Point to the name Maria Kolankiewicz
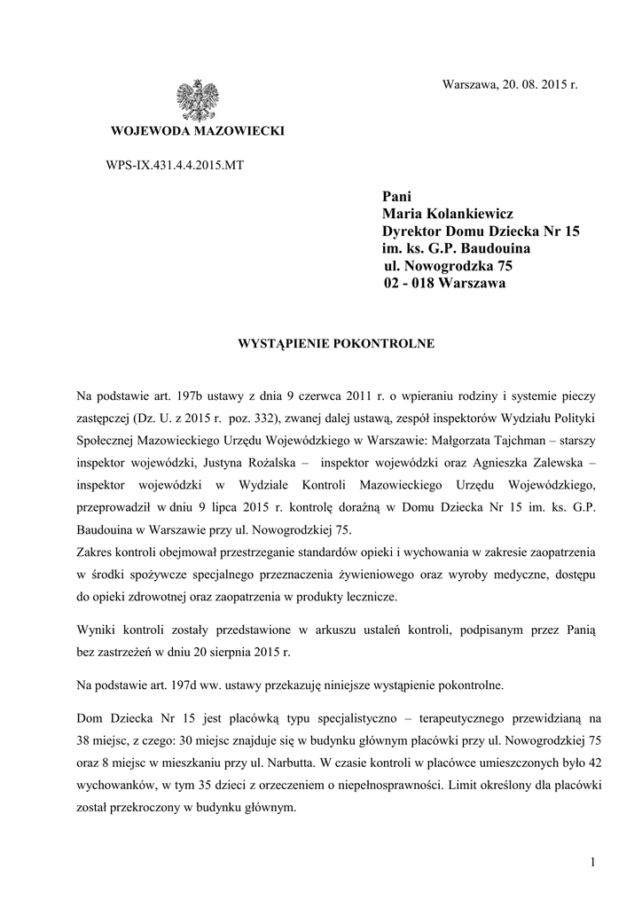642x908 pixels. tap(448, 214)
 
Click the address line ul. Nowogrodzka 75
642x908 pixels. tap(448, 266)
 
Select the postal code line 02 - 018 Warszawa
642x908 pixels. tap(444, 284)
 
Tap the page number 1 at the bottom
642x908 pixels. tap(591, 863)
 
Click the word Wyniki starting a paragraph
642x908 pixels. tap(98, 628)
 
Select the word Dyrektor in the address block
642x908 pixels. tap(413, 231)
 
